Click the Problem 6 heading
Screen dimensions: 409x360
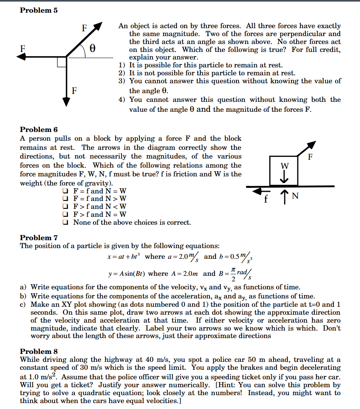(39, 130)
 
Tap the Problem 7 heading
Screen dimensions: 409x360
(39, 238)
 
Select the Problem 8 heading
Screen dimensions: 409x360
(39, 352)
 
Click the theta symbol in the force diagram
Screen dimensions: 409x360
(92, 49)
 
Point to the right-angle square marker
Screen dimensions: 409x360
(61, 62)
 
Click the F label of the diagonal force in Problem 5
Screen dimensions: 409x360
(84, 28)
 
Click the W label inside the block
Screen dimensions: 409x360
(284, 165)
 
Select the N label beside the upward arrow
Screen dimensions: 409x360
(295, 195)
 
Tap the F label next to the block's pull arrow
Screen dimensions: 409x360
(310, 156)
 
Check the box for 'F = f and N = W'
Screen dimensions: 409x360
(65, 191)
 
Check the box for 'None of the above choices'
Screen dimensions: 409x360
(65, 222)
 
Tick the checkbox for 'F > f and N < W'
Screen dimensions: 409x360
(65, 206)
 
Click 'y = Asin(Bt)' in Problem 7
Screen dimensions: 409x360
(127, 274)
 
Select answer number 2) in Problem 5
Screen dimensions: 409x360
(122, 73)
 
